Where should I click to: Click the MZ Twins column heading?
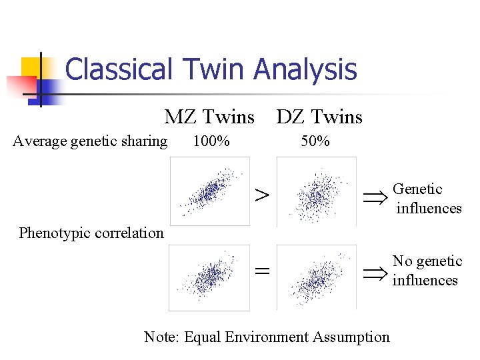209,117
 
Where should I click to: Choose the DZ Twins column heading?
319,117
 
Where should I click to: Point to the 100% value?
211,141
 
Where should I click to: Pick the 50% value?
314,141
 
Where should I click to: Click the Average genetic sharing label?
90,141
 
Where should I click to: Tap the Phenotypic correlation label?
91,233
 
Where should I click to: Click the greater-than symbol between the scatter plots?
263,195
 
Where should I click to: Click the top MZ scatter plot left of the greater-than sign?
210,191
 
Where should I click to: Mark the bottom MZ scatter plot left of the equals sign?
210,277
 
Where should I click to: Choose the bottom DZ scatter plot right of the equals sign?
316,277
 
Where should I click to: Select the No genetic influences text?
427,271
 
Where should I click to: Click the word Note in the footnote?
161,337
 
